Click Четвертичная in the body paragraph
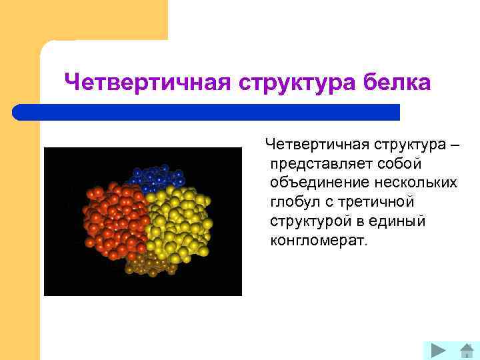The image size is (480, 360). pos(317,145)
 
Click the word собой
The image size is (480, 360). pos(401,164)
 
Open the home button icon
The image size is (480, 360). pos(467,350)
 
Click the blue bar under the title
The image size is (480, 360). pos(207,112)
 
